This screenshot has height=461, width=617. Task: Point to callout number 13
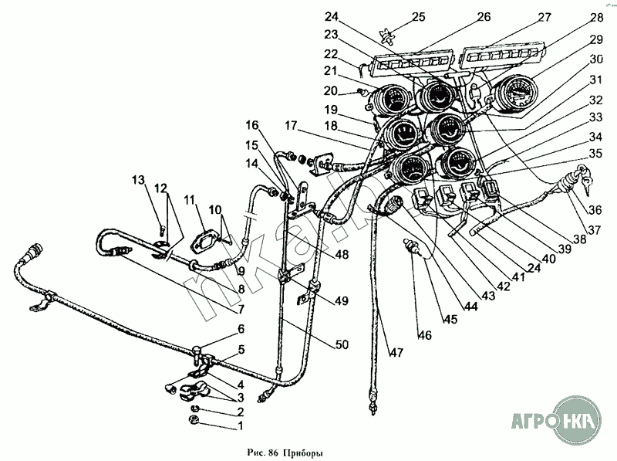(138, 181)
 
